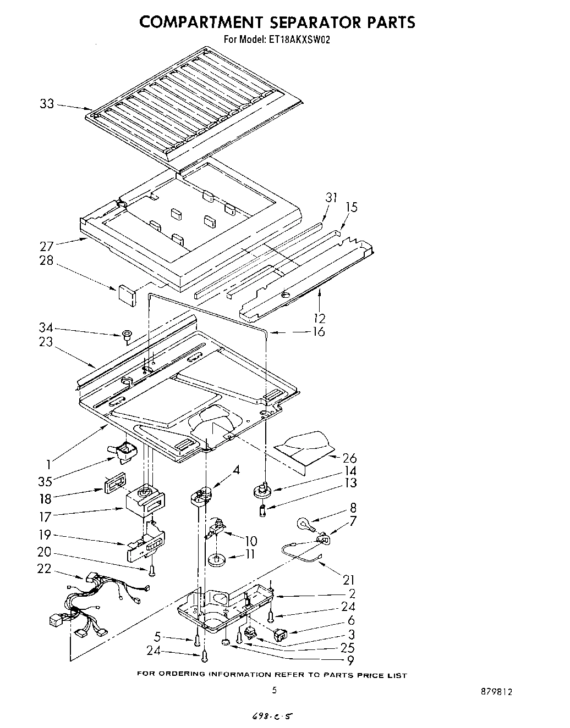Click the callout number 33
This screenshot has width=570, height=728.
click(47, 103)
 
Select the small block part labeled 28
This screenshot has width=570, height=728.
click(127, 293)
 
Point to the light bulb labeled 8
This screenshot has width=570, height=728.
click(305, 523)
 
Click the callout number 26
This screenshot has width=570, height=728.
click(349, 458)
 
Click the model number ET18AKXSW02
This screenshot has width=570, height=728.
click(301, 40)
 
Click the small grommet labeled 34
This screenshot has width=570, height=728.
click(127, 334)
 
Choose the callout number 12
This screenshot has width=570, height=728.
click(319, 318)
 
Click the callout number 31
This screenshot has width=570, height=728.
click(331, 197)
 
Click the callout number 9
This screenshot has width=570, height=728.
click(350, 660)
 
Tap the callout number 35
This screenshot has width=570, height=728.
click(45, 481)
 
